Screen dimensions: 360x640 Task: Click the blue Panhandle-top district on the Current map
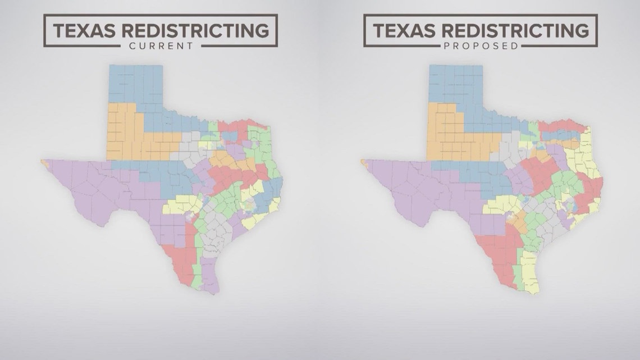(135, 84)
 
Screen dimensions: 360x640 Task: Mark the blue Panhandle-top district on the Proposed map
(455, 84)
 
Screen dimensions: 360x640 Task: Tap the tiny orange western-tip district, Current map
(43, 162)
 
